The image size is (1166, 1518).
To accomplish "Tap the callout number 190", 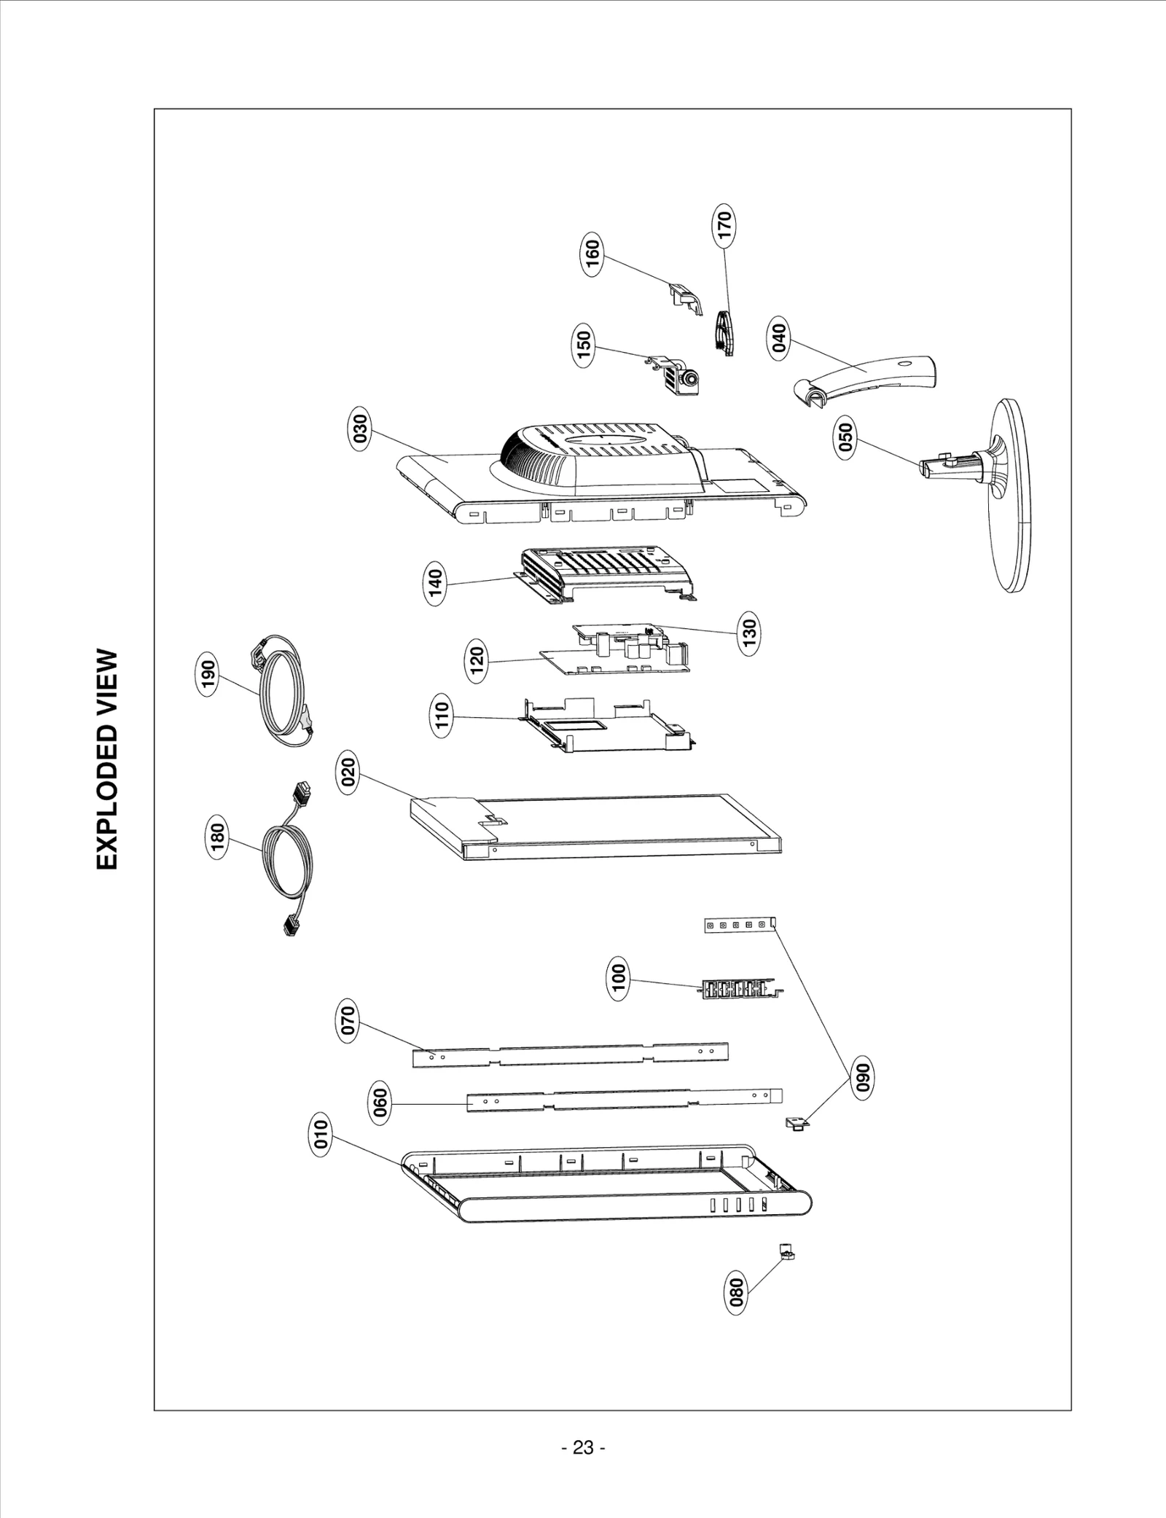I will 209,676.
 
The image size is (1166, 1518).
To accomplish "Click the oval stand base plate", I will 1009,496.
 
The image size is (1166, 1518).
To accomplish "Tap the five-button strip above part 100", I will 737,925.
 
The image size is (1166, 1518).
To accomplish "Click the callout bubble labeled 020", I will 349,775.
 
